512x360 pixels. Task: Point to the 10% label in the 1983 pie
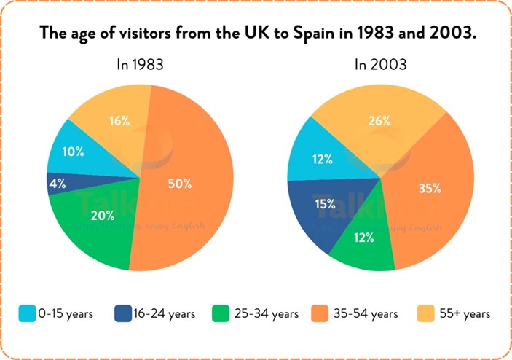click(73, 152)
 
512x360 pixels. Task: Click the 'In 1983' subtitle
click(140, 64)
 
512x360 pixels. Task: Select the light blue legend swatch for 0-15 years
click(28, 314)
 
